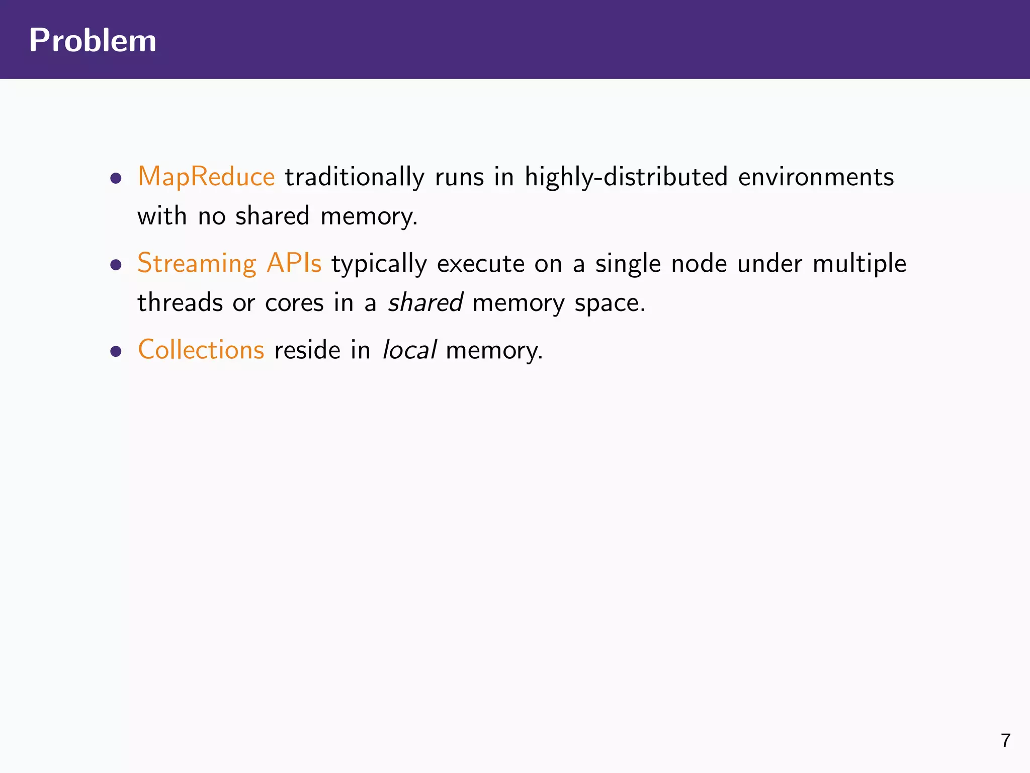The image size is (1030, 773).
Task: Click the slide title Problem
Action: (93, 40)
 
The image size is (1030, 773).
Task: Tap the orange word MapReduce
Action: (206, 177)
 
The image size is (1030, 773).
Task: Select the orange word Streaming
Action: (197, 263)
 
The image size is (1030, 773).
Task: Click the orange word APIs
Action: (294, 263)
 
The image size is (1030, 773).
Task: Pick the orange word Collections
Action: (201, 349)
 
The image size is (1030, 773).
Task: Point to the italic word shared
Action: (425, 303)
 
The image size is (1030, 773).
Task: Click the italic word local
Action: (409, 350)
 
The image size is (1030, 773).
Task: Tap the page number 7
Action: (1005, 740)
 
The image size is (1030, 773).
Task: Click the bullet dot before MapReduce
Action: (116, 178)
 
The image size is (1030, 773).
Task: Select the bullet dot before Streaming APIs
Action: (116, 265)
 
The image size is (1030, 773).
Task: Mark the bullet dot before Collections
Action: (116, 351)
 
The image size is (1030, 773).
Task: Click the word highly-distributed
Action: (626, 177)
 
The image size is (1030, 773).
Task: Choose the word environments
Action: (816, 177)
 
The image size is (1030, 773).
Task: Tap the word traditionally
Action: (355, 177)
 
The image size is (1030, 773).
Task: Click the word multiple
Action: (860, 264)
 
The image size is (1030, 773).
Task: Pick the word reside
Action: (307, 350)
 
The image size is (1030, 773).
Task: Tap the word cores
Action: (294, 303)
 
